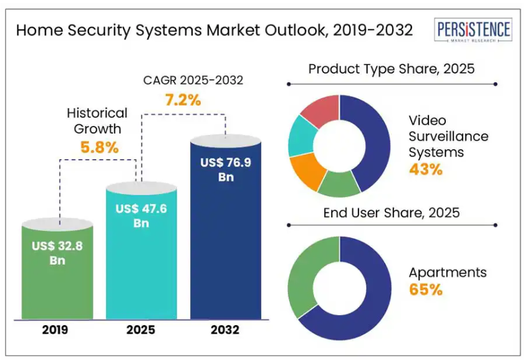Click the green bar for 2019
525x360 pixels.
[x=57, y=281]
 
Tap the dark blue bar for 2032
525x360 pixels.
[x=226, y=250]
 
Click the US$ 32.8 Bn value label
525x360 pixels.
[x=57, y=253]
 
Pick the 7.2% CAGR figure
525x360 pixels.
[x=182, y=100]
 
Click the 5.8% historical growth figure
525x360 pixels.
[x=99, y=148]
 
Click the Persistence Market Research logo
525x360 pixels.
[x=473, y=31]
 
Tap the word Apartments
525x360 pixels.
[x=448, y=273]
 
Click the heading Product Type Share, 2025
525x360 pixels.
[x=392, y=69]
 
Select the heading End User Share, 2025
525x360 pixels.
[x=392, y=213]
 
